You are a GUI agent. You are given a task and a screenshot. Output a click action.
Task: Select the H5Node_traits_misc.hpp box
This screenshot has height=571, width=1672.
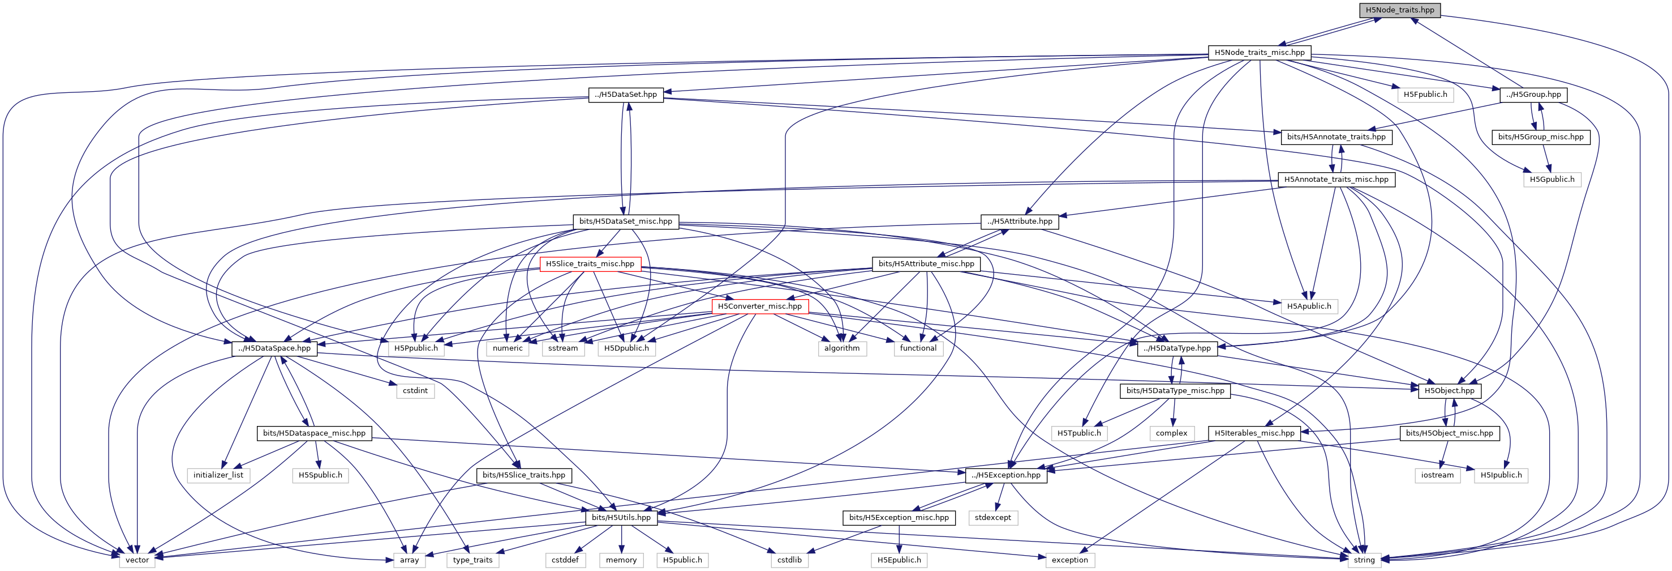pyautogui.click(x=1259, y=53)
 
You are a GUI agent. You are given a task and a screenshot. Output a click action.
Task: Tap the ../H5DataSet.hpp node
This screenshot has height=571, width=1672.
pyautogui.click(x=626, y=95)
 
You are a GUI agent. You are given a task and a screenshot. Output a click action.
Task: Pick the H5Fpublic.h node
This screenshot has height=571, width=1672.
pyautogui.click(x=1425, y=95)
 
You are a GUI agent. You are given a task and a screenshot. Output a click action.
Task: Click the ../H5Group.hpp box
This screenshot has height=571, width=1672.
pyautogui.click(x=1534, y=95)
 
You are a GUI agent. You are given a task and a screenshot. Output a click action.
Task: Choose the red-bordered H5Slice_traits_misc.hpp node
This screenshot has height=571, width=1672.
pyautogui.click(x=590, y=264)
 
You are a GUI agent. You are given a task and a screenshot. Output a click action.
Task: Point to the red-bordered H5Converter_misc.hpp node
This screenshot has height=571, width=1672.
pyautogui.click(x=759, y=306)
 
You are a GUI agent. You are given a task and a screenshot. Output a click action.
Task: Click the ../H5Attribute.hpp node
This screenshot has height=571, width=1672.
pyautogui.click(x=1020, y=221)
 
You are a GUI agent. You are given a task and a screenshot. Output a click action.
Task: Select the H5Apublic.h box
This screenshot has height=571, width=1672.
pyautogui.click(x=1309, y=306)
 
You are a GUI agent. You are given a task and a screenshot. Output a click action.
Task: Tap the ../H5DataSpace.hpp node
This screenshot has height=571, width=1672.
pyautogui.click(x=274, y=348)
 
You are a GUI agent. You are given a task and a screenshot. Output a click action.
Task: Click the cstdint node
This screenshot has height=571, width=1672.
pyautogui.click(x=415, y=390)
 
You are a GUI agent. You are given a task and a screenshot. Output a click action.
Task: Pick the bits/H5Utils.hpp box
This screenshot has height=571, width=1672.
pyautogui.click(x=621, y=518)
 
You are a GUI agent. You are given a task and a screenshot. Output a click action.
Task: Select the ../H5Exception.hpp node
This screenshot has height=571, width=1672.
pyautogui.click(x=1006, y=475)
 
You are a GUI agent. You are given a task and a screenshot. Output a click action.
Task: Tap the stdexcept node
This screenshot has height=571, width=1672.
pyautogui.click(x=993, y=518)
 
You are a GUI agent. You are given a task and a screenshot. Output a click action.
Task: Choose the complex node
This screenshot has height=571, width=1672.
pyautogui.click(x=1172, y=433)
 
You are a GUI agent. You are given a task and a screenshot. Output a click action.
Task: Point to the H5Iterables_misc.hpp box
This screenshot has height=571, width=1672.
pyautogui.click(x=1254, y=433)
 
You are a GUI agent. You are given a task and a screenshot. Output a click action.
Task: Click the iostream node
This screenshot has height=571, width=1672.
pyautogui.click(x=1437, y=475)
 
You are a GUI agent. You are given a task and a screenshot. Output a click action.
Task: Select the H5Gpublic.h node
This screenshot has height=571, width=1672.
pyautogui.click(x=1552, y=180)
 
